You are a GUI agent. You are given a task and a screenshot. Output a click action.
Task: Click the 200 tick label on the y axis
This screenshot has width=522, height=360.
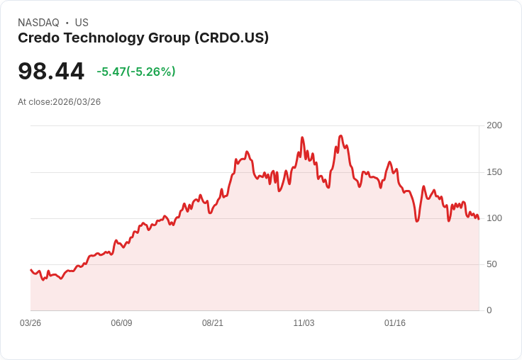coord(494,125)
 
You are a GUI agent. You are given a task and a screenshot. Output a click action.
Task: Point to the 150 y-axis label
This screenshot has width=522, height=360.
coord(494,172)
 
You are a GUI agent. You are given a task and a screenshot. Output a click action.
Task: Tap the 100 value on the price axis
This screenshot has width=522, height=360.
coord(494,218)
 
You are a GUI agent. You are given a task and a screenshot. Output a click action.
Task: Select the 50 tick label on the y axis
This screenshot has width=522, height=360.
coord(492,264)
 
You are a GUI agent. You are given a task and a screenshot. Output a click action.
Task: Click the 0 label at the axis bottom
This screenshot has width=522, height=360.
coord(489,310)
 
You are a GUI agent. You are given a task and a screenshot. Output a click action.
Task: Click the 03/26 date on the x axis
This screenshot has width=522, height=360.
coord(30,323)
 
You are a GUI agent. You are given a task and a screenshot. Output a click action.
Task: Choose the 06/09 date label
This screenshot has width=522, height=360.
coord(121,323)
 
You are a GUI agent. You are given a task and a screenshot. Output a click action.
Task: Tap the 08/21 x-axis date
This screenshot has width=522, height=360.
coord(212,323)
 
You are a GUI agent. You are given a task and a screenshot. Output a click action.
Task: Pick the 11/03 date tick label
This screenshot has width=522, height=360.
coord(304,323)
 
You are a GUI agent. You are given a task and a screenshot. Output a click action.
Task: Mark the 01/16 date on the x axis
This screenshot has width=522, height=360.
coord(395,323)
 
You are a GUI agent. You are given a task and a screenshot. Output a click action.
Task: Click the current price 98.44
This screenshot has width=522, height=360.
coord(51,71)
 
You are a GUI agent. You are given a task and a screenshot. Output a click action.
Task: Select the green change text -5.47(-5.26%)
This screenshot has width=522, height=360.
coord(136,72)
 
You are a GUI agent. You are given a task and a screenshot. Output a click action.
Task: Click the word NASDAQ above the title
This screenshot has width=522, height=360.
coord(38,23)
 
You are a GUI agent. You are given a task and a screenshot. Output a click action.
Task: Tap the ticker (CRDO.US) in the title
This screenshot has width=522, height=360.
coord(232,38)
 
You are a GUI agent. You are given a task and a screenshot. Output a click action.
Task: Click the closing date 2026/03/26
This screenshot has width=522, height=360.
coord(77,102)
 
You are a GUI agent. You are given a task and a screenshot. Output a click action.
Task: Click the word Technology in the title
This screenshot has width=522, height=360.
coord(104,38)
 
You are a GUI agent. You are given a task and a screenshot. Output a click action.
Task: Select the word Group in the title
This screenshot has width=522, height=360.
coord(169,38)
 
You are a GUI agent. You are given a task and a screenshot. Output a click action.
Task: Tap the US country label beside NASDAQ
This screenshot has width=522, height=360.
coord(82,23)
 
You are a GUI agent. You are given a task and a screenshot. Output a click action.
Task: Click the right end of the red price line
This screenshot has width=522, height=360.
coord(479,219)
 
